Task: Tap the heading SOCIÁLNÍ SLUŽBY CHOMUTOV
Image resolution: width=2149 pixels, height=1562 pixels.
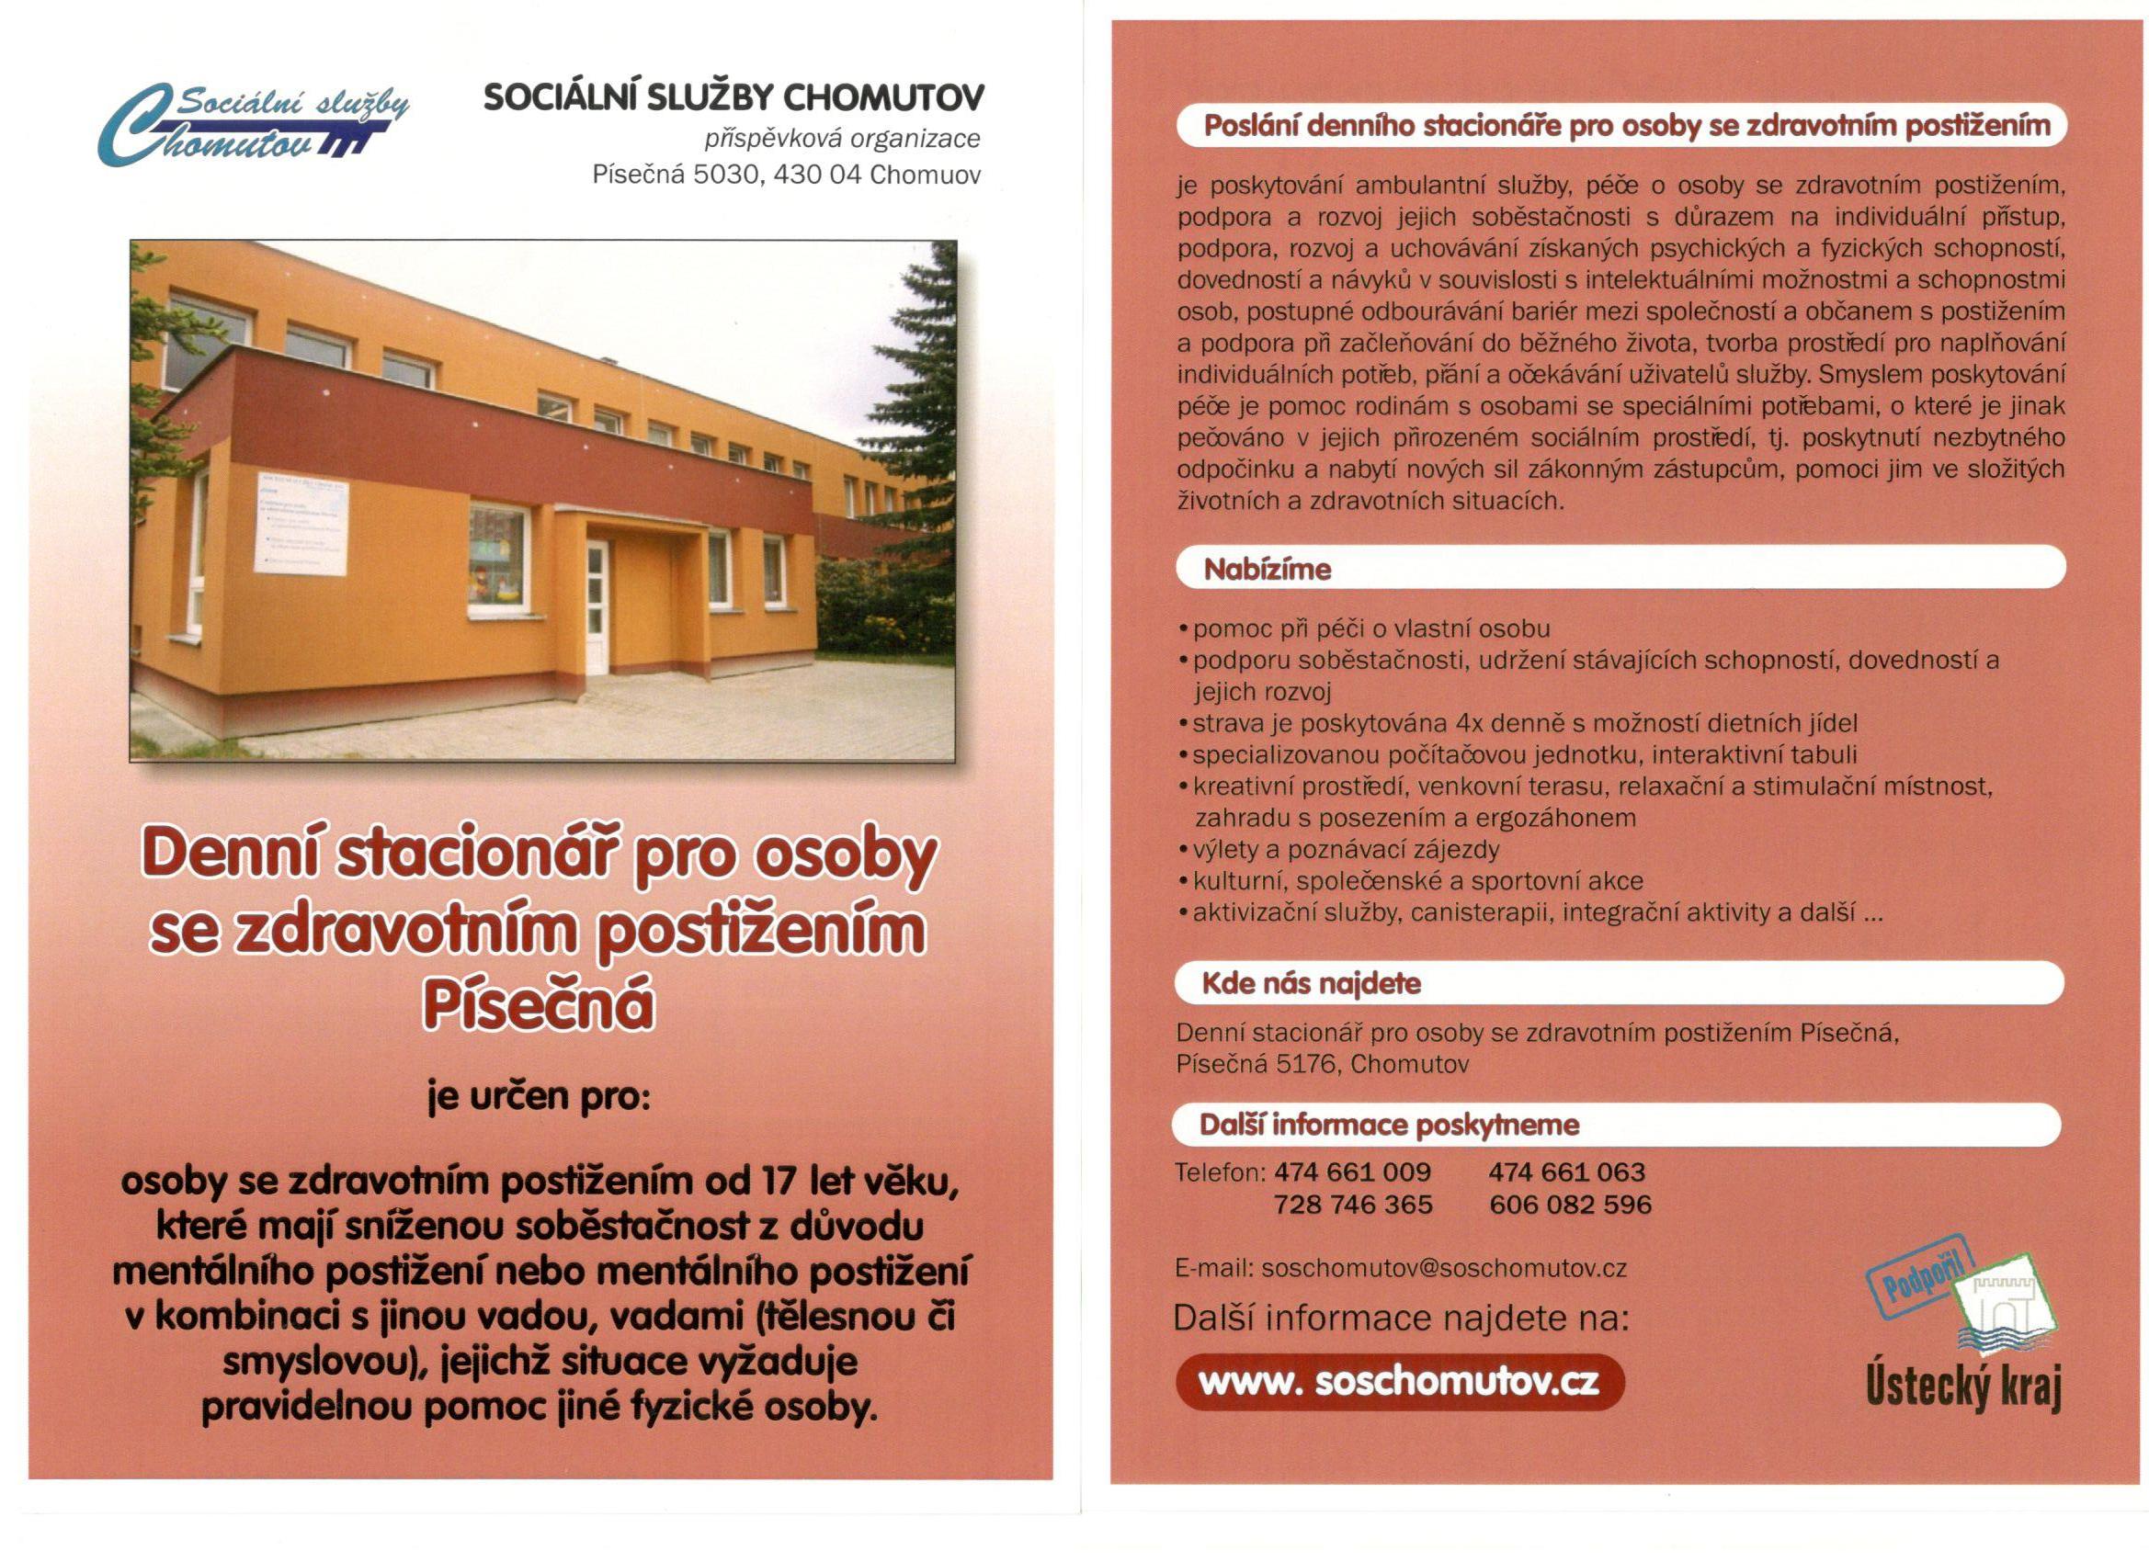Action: (733, 97)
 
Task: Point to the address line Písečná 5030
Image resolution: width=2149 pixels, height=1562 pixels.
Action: (786, 175)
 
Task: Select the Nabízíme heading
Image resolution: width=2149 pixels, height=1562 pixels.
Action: (1267, 571)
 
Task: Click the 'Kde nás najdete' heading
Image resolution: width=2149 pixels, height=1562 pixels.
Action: (1312, 983)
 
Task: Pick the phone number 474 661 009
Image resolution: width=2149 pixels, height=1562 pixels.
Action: (1352, 1172)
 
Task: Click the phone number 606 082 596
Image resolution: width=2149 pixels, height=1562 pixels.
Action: (1570, 1205)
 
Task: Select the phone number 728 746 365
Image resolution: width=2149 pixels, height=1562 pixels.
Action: (1352, 1205)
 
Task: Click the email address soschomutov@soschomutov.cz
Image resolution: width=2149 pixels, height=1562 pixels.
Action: (1444, 1268)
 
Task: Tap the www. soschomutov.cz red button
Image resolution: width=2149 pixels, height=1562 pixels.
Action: (1400, 1382)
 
